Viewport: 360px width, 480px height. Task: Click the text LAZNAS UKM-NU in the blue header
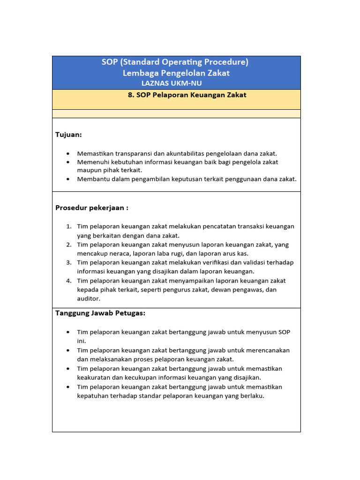click(x=172, y=83)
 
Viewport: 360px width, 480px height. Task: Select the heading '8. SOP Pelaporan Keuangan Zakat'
click(x=187, y=95)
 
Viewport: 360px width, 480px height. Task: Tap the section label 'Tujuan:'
click(x=68, y=135)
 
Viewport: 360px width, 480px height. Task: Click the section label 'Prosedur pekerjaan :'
click(x=92, y=208)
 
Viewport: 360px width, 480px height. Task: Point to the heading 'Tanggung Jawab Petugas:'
click(x=100, y=313)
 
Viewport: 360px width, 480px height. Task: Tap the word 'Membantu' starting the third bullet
click(x=93, y=179)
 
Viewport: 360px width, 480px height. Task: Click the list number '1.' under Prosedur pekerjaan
click(x=68, y=226)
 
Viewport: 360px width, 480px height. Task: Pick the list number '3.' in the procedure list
click(x=68, y=262)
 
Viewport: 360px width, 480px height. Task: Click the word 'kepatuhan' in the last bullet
click(x=93, y=396)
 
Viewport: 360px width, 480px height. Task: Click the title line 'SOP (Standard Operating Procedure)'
click(x=175, y=62)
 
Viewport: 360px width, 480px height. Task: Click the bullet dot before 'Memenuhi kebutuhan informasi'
click(x=68, y=162)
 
